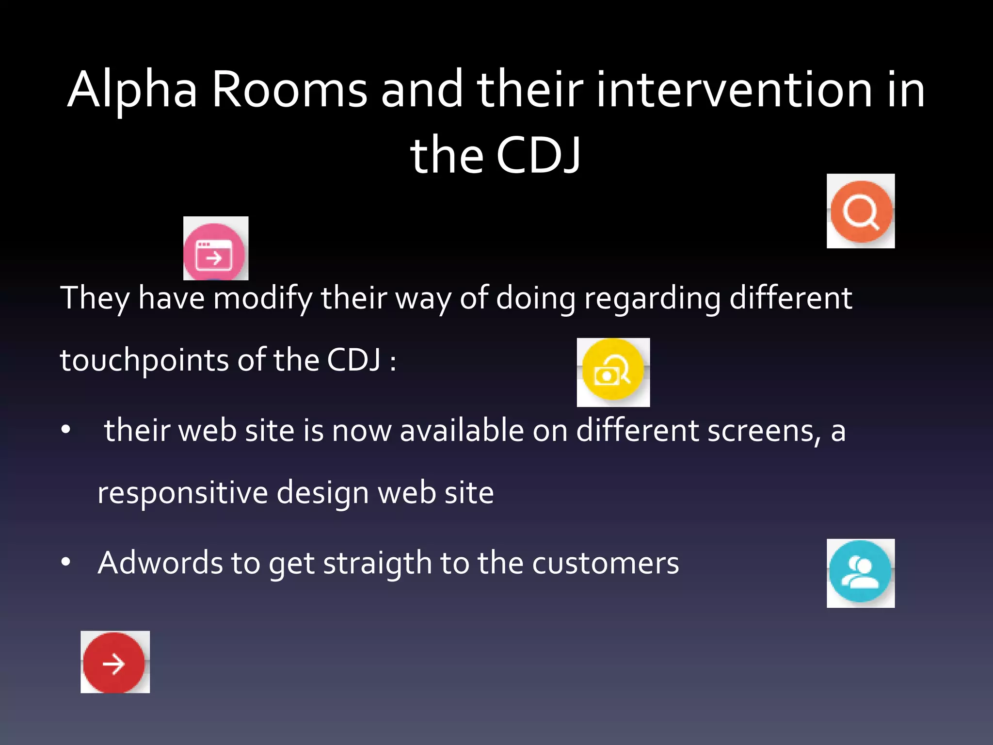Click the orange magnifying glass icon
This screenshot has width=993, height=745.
(x=861, y=211)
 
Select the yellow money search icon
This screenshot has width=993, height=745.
(x=613, y=371)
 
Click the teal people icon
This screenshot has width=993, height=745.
(x=860, y=572)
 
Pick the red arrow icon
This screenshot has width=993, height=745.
(x=114, y=663)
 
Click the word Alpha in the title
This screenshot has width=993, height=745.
(x=132, y=90)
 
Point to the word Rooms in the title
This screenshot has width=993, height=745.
(x=289, y=90)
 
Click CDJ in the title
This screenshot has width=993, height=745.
(x=538, y=155)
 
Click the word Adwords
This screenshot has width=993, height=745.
(x=160, y=563)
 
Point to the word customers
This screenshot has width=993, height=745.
(x=606, y=563)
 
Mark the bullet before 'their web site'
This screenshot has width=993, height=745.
(x=66, y=430)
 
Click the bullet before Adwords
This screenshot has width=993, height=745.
(x=66, y=562)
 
